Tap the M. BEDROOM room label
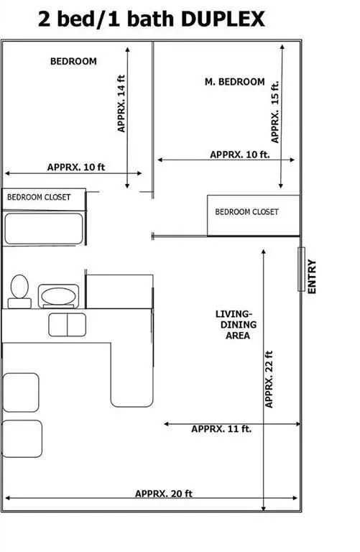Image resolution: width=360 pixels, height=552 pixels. (235, 82)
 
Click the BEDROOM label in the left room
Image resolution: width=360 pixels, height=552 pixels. (73, 62)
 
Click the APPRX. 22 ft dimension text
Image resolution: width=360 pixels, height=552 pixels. (269, 379)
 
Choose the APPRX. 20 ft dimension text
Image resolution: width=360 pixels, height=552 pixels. (164, 494)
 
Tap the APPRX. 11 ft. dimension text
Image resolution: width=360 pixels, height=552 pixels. (221, 429)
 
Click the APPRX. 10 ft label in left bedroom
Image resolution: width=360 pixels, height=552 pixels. (76, 167)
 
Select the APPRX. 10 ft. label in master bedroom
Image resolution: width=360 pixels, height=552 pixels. (240, 155)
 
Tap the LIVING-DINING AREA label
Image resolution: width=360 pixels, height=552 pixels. (234, 325)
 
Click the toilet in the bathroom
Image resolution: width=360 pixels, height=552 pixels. (19, 290)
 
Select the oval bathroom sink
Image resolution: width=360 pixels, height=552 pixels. (57, 295)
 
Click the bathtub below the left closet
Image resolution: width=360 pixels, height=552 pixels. (45, 229)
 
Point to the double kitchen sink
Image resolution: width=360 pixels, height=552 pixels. (67, 324)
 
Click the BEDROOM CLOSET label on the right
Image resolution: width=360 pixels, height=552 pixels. (246, 212)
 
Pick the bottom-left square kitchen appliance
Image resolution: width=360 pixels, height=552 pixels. (22, 439)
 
